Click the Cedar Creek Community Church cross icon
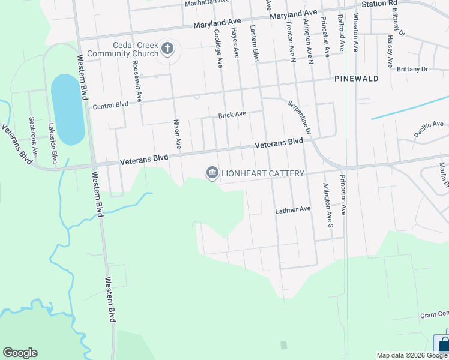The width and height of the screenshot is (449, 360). [x=167, y=49]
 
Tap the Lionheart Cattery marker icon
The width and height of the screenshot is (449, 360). [x=212, y=173]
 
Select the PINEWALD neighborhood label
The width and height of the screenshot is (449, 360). [x=356, y=79]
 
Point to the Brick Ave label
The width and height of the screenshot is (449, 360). [x=232, y=114]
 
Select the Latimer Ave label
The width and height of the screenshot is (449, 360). [x=292, y=209]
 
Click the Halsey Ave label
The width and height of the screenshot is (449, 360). [x=390, y=51]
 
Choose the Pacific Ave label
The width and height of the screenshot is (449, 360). [x=429, y=127]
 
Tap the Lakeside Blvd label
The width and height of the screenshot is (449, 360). [x=53, y=143]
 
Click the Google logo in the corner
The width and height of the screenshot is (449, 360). [x=20, y=353]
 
